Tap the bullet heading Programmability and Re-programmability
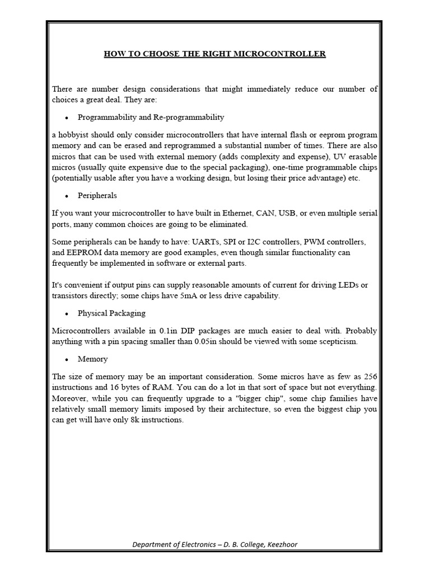click(151, 117)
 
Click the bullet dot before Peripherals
click(67, 196)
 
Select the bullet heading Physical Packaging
click(111, 313)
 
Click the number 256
click(369, 377)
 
